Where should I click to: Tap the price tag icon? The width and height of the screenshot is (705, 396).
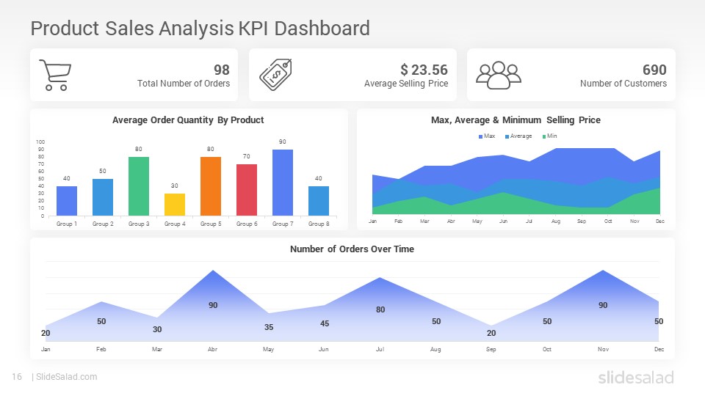275,74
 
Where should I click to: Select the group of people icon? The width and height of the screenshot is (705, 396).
498,75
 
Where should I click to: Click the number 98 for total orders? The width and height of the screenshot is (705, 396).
221,70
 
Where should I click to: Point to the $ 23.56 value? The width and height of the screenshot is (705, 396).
424,70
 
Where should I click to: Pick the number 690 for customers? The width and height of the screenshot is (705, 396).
654,70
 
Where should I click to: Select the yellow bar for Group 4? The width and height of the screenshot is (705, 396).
174,205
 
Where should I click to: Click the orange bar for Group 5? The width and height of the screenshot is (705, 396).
210,186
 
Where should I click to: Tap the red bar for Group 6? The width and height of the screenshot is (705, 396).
247,190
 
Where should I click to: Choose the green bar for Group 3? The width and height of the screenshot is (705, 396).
138,186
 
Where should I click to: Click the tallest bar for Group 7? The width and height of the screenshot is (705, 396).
283,183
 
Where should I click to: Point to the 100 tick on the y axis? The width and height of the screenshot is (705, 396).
40,142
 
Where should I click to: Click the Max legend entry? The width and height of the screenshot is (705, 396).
487,136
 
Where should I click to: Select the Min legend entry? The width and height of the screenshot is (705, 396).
549,136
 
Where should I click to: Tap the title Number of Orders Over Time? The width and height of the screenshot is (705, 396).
352,249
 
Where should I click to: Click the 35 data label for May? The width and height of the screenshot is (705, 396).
269,327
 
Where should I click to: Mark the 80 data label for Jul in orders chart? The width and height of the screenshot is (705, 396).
380,309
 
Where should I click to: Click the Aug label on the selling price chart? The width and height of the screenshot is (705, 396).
555,221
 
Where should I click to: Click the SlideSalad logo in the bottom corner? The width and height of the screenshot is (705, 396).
635,378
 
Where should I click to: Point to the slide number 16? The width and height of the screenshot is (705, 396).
16,377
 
